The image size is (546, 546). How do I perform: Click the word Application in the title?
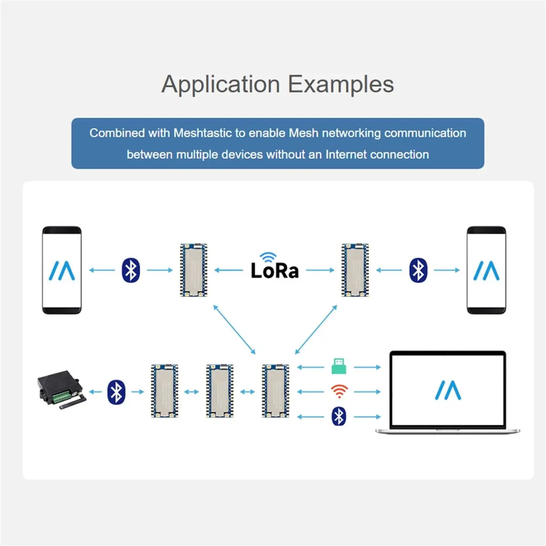click(x=221, y=85)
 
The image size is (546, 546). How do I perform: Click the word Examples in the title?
click(x=341, y=85)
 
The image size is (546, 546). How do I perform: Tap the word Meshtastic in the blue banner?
click(x=202, y=133)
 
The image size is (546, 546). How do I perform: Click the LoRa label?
click(x=274, y=270)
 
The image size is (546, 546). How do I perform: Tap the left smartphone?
click(x=62, y=270)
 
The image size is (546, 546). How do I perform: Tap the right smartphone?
click(x=486, y=270)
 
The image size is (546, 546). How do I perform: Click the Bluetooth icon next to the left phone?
click(x=131, y=270)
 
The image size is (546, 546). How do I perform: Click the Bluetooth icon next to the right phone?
click(x=418, y=270)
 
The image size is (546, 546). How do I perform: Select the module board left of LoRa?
click(x=193, y=270)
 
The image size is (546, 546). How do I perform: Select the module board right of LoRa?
click(x=355, y=270)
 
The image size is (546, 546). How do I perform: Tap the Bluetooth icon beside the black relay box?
click(x=116, y=392)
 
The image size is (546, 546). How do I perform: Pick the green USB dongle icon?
click(x=339, y=366)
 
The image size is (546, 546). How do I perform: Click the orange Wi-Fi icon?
click(x=339, y=391)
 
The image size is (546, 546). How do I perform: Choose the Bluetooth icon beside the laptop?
click(x=339, y=416)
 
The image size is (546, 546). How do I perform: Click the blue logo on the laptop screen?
click(x=448, y=390)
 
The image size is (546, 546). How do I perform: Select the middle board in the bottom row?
click(x=220, y=391)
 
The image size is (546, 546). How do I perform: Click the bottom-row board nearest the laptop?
click(x=275, y=391)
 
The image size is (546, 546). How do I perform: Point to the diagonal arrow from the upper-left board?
click(x=234, y=329)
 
